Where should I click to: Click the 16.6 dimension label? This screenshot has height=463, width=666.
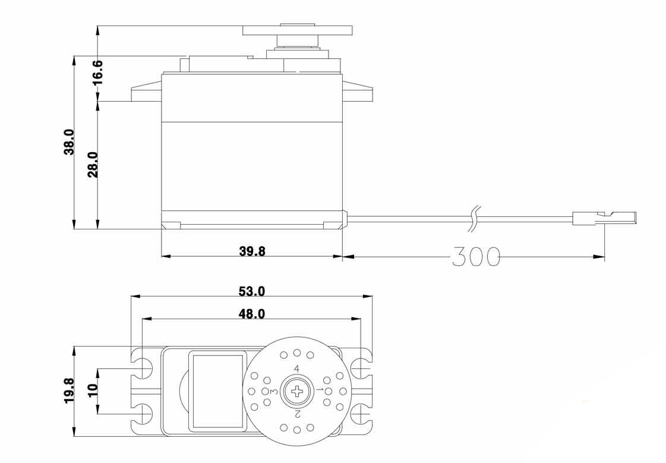[97, 72]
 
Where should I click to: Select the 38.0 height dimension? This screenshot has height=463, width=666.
[69, 142]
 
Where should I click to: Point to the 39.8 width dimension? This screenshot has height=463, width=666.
[252, 251]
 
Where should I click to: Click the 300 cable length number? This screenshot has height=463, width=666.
[475, 256]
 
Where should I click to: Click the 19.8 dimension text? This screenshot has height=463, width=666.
[69, 390]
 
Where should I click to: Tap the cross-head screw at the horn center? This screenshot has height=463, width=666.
[296, 390]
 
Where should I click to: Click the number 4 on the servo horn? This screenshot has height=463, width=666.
[296, 370]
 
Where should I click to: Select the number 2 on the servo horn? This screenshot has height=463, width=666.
[297, 412]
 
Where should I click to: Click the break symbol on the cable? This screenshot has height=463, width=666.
[474, 218]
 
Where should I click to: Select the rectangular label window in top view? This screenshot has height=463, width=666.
[217, 390]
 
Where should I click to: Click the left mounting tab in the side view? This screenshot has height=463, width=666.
[146, 93]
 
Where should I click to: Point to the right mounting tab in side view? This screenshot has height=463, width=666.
[357, 92]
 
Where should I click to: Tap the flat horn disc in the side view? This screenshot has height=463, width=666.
[297, 30]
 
